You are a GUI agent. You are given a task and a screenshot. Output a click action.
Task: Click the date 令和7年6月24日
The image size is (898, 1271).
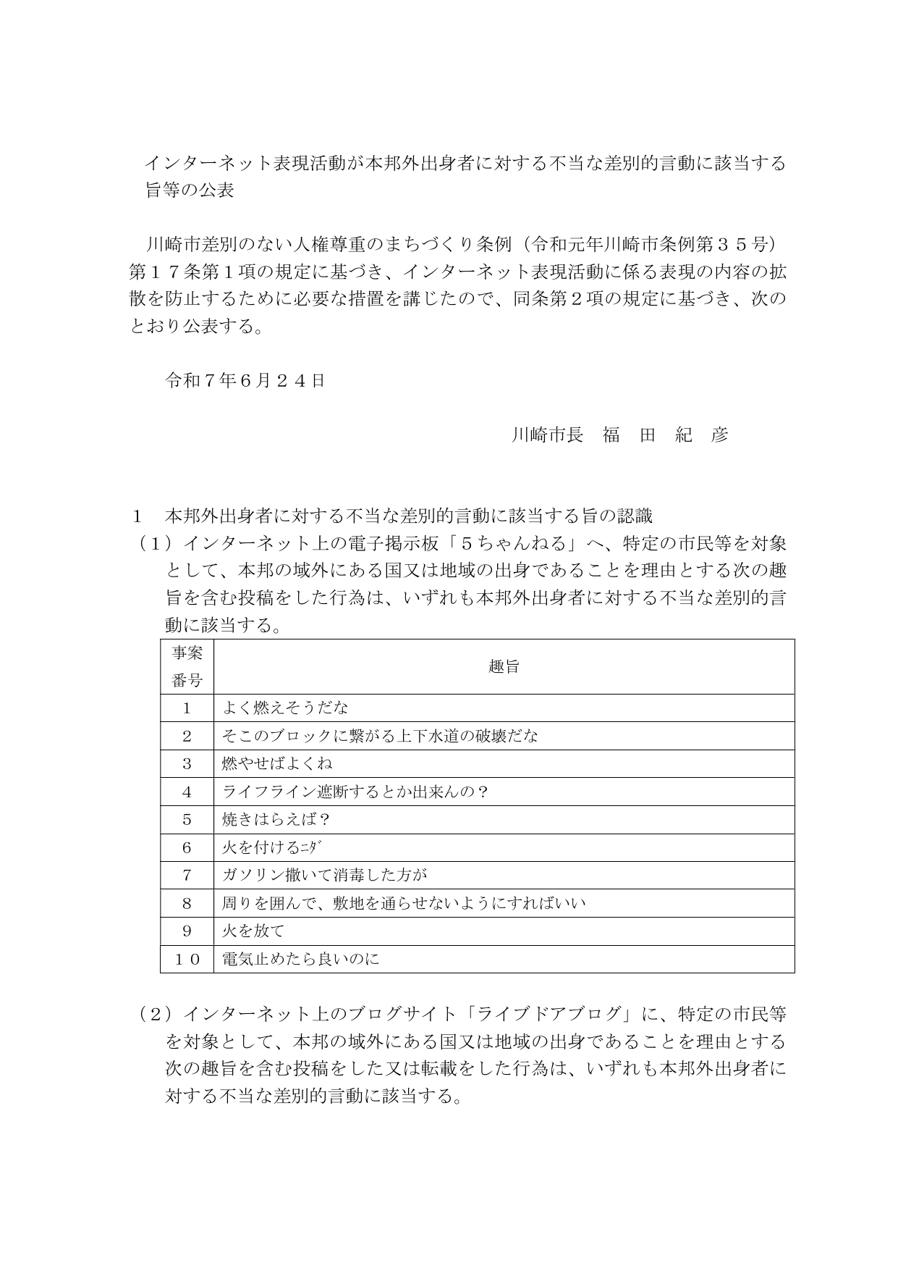(x=245, y=380)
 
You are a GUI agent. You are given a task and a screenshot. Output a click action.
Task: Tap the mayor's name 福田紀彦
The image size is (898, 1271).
(x=665, y=435)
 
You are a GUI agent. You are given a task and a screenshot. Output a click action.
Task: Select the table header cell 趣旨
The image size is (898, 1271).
(x=504, y=667)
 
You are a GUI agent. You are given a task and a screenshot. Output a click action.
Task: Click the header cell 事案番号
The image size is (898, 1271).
(x=187, y=667)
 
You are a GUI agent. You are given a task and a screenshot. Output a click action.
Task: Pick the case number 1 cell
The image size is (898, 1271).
(x=187, y=708)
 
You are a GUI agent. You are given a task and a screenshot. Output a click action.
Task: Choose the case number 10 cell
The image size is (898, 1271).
(x=187, y=959)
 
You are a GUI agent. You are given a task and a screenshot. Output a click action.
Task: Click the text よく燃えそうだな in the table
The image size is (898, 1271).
(x=284, y=708)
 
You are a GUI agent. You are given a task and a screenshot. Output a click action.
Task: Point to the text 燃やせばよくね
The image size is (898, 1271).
(x=276, y=764)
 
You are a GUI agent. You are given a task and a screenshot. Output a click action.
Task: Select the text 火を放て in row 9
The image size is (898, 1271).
(x=253, y=931)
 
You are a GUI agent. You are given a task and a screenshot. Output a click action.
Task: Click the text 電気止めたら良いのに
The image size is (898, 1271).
(x=300, y=959)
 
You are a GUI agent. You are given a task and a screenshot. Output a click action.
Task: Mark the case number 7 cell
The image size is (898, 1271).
(x=187, y=876)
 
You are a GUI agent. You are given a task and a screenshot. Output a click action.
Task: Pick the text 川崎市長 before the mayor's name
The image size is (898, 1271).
(x=547, y=435)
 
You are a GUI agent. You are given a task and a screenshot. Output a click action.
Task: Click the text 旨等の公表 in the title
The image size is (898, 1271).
(x=190, y=191)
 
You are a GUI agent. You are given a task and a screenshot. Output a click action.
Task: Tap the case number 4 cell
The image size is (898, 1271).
(x=187, y=792)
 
